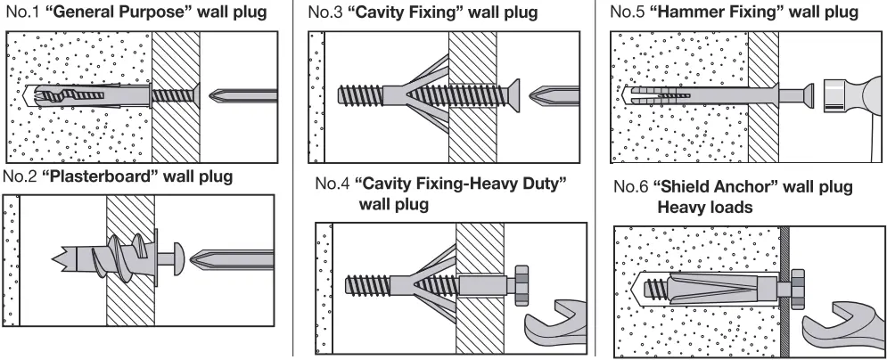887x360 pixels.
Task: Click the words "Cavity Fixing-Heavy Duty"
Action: click(461, 184)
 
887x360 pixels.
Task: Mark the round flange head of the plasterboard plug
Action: click(177, 256)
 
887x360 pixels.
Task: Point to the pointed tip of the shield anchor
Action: click(635, 287)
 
